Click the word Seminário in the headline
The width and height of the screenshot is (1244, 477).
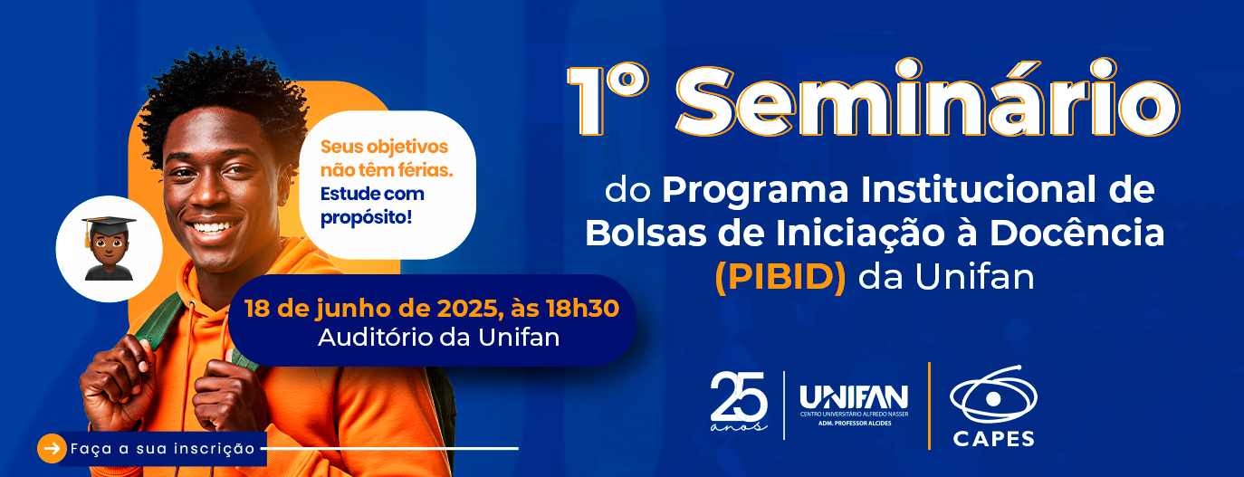[927, 99]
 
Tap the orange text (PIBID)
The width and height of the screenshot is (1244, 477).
[780, 277]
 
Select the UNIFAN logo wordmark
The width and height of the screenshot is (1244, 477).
[854, 397]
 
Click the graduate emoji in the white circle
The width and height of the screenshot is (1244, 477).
[109, 248]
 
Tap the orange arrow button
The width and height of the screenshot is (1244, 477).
[52, 448]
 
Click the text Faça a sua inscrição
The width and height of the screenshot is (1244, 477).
[163, 448]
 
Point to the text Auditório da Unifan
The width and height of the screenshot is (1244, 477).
[439, 338]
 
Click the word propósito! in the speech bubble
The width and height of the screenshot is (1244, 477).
[366, 217]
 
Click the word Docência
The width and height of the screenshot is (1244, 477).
[1077, 234]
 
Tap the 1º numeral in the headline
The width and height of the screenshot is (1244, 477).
[608, 100]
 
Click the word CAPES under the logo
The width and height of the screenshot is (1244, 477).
[993, 439]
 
